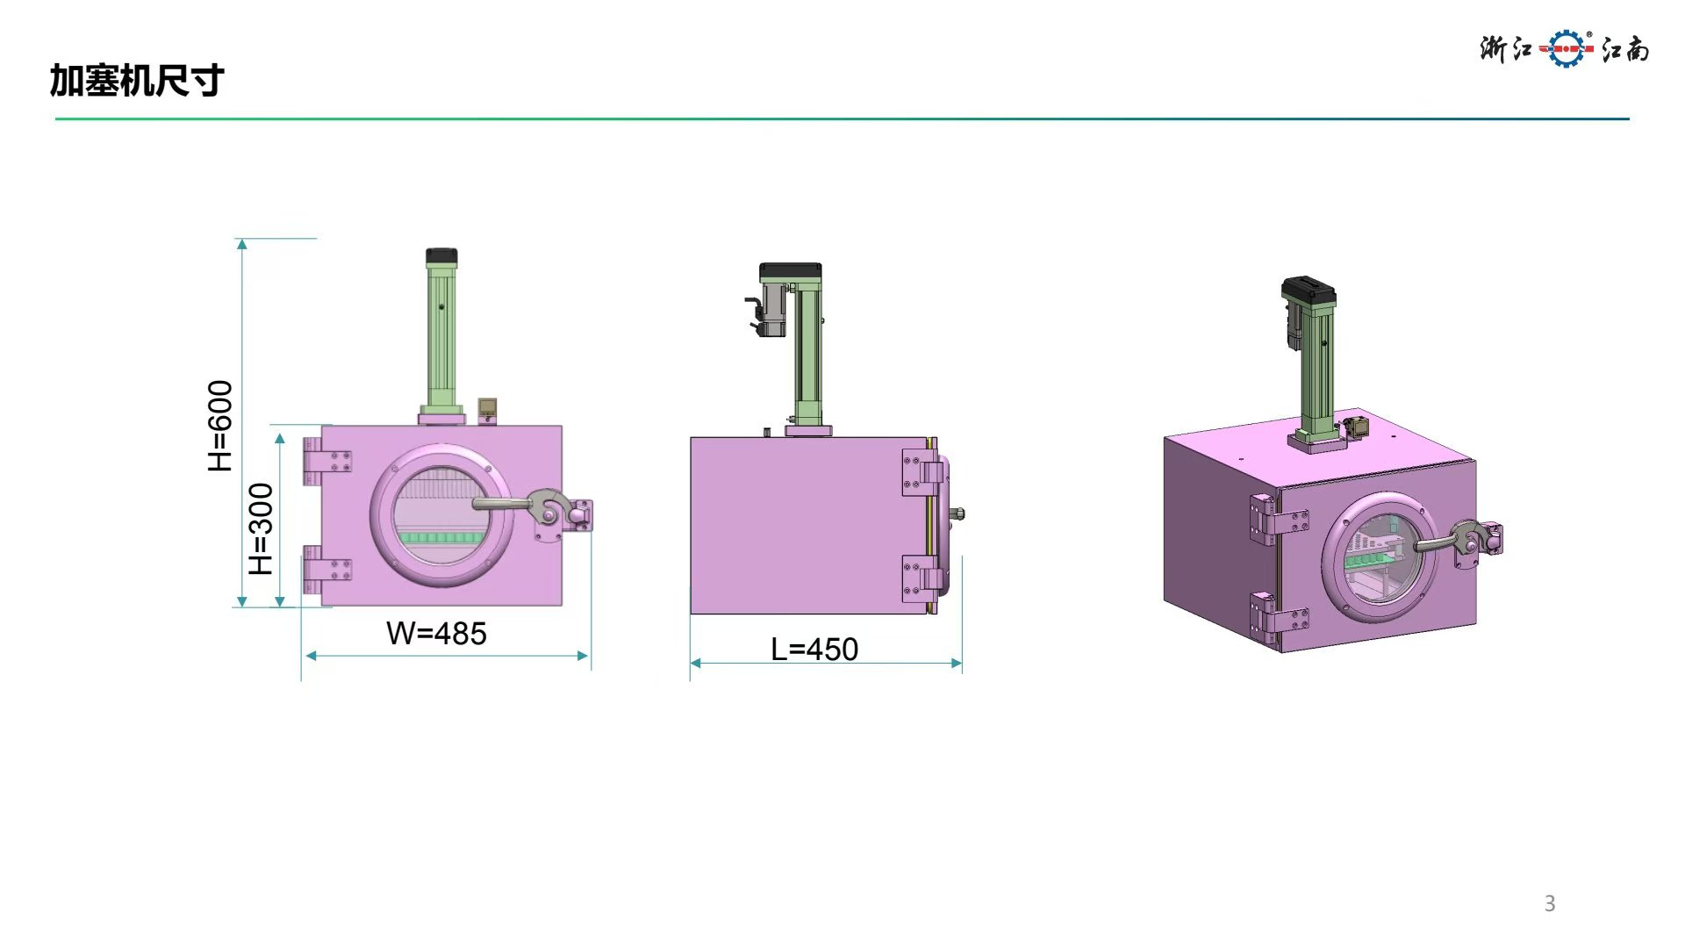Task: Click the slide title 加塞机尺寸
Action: pyautogui.click(x=137, y=81)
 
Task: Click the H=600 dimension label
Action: pyautogui.click(x=220, y=426)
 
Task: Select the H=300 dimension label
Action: pyautogui.click(x=262, y=528)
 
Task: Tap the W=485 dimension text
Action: pyautogui.click(x=436, y=633)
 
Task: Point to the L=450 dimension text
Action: pyautogui.click(x=814, y=650)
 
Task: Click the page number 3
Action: pyautogui.click(x=1550, y=903)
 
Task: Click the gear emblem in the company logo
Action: pyautogui.click(x=1567, y=48)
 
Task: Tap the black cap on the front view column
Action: pyautogui.click(x=441, y=257)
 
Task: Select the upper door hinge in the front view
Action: pyautogui.click(x=327, y=461)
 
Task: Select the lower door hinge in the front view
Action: pyautogui.click(x=327, y=570)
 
